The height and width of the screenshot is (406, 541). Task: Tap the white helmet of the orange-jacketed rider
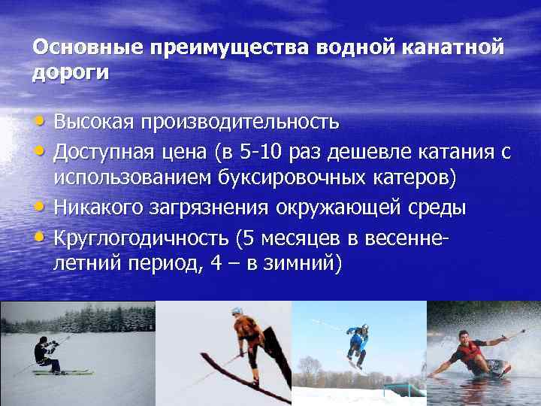coord(237,311)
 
